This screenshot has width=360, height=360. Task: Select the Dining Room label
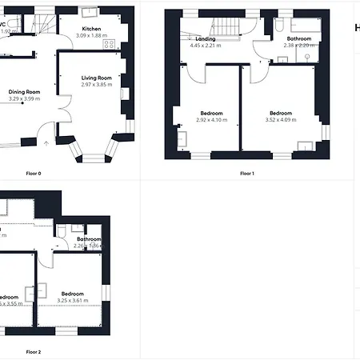tap(24, 92)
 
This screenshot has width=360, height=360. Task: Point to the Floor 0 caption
tap(34, 174)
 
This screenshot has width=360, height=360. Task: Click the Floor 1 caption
tap(246, 174)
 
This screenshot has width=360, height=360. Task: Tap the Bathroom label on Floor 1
tap(299, 38)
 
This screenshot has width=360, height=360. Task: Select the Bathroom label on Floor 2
tap(89, 239)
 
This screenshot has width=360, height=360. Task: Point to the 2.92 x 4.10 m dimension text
tap(212, 120)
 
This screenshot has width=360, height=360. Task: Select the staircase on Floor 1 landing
tap(231, 27)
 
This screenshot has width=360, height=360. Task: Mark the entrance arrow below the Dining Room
tap(46, 143)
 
